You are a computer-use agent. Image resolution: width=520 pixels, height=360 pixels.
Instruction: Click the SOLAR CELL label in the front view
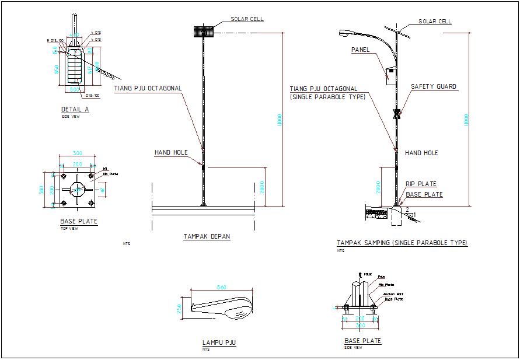click(247, 19)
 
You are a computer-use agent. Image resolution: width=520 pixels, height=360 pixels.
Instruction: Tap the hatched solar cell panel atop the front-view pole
click(204, 31)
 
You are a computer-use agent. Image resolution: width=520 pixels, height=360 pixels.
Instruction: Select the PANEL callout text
click(360, 50)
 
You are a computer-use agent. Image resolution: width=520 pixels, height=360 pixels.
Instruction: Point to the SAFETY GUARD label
click(433, 86)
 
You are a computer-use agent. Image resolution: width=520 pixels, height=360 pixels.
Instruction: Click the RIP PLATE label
click(421, 184)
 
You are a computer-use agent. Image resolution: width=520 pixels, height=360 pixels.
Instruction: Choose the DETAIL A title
click(75, 109)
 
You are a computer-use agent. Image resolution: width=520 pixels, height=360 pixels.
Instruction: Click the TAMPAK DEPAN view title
click(207, 237)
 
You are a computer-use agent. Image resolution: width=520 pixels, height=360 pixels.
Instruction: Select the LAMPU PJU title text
click(219, 343)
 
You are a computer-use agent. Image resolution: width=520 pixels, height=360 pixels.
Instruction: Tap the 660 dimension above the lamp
click(222, 288)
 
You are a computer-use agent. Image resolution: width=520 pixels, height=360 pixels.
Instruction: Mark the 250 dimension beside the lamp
click(179, 309)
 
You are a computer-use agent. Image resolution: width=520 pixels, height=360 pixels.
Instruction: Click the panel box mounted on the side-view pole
click(389, 75)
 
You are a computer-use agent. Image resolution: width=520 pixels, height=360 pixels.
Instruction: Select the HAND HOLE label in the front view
click(171, 152)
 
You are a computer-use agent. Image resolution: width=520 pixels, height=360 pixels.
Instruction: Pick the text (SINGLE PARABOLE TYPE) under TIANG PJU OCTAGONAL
click(327, 97)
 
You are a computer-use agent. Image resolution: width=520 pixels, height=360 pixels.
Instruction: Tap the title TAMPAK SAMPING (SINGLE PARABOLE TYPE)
click(402, 243)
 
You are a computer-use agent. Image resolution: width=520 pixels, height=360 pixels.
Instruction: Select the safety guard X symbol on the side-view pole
click(396, 113)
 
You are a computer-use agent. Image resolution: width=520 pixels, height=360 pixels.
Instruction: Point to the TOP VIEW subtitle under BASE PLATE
click(69, 228)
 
